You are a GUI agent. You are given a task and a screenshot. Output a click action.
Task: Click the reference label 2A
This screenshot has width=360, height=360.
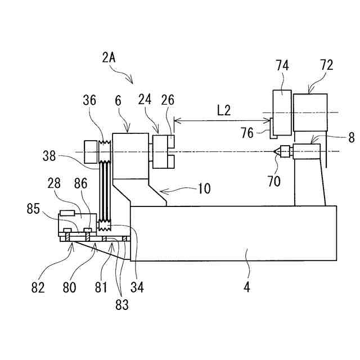coord(110,58)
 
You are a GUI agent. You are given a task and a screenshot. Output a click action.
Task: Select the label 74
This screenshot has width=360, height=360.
coord(282,66)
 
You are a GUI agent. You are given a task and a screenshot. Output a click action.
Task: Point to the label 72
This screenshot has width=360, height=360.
coord(326,66)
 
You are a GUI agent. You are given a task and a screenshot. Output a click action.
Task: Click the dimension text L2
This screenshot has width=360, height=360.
coord(224,110)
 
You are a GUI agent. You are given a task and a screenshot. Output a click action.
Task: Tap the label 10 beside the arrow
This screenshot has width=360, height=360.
coord(204,188)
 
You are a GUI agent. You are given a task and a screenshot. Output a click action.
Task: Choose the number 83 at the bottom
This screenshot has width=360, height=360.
coord(121,305)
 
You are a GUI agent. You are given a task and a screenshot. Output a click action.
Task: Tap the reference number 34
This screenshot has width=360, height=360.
coord(137,286)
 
